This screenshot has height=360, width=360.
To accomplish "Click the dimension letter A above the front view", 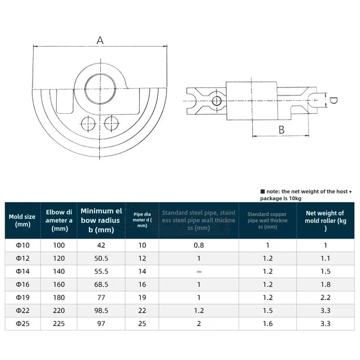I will pos(100,40).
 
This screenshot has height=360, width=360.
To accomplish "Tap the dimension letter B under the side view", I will pos(281,130).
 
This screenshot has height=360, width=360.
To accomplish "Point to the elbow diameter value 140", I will pos(59,271).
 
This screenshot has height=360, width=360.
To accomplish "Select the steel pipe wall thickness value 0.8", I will pos(198,246).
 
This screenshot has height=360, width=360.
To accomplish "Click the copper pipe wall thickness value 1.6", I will pos(267,324).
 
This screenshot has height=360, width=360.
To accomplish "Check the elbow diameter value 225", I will pos(59,324).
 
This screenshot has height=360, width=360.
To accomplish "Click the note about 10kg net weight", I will pos(306,194).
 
